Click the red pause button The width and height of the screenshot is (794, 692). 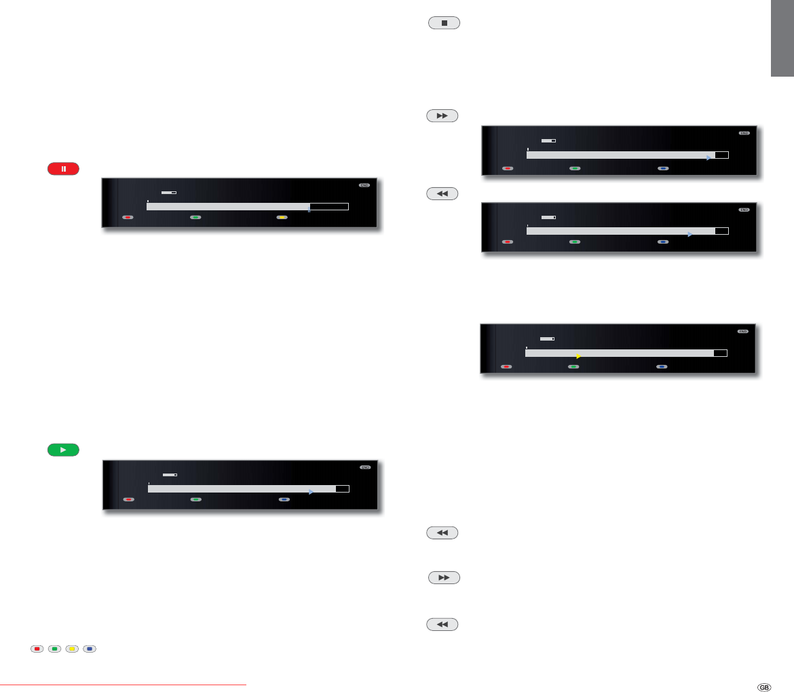point(63,169)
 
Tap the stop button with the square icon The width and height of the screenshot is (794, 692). point(444,23)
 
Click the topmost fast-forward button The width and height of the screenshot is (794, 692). point(442,116)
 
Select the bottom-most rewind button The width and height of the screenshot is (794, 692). point(442,624)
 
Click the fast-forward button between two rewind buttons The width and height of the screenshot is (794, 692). point(444,577)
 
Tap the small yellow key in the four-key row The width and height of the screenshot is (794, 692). point(72,649)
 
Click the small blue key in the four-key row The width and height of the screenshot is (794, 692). point(90,649)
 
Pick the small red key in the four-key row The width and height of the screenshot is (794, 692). point(37,649)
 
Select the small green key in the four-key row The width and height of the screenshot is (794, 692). point(54,649)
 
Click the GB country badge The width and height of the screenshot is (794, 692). point(764,687)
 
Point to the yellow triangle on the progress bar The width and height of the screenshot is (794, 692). point(578,356)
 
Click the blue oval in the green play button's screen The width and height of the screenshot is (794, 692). point(284,499)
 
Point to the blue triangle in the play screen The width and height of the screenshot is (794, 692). point(310,492)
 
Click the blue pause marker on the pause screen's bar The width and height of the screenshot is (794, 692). point(309,211)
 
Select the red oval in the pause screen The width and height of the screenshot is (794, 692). point(128,218)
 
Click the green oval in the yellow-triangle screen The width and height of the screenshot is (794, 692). point(573,366)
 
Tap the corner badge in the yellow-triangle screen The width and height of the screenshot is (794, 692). point(743,332)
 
